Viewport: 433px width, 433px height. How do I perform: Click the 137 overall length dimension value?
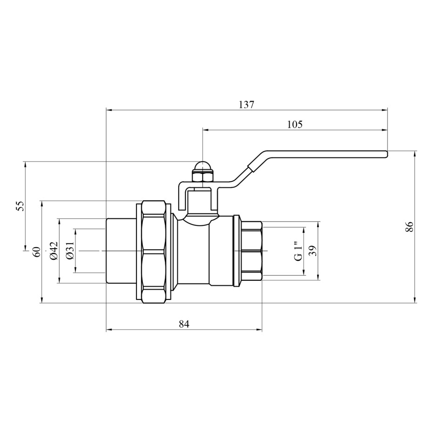[x=246, y=105]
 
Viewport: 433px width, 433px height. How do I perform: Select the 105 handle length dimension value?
[x=295, y=124]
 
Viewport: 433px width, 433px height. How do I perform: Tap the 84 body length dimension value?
[x=184, y=324]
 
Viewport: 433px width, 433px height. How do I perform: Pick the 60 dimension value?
[x=37, y=252]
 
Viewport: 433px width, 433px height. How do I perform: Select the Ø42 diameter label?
[x=54, y=250]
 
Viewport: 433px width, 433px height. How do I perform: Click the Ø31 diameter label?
[x=70, y=250]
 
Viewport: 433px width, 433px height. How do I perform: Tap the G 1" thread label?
[x=298, y=251]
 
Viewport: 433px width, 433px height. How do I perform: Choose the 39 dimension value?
[x=313, y=251]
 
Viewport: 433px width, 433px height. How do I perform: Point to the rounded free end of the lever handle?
[x=386, y=155]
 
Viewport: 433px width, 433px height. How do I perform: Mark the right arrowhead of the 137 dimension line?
[x=385, y=110]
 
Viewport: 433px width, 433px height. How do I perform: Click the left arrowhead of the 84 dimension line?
[x=109, y=329]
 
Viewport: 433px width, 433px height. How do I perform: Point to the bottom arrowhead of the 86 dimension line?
[x=415, y=300]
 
